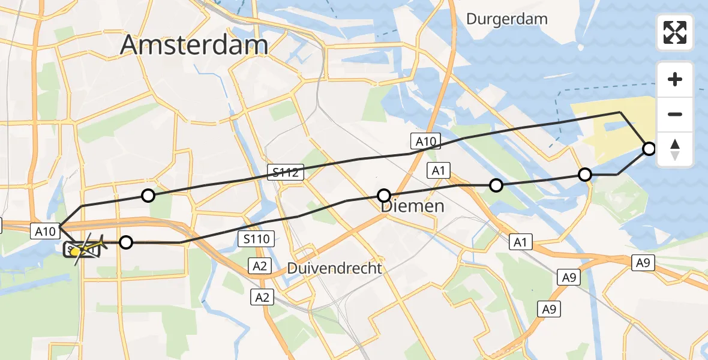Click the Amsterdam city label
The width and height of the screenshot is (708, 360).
point(194,45)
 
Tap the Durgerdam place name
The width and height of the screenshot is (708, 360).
point(507,19)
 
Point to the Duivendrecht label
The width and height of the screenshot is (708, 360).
point(334,268)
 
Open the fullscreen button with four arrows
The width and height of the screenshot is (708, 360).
point(675,32)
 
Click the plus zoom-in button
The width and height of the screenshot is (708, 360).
point(675,79)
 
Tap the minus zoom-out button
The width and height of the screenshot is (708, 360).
point(675,114)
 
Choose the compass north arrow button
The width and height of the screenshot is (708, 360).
point(675,149)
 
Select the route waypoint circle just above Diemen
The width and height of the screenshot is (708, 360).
point(384,195)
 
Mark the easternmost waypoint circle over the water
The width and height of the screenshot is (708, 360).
point(649,148)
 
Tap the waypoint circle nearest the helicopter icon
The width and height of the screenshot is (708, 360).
point(126,242)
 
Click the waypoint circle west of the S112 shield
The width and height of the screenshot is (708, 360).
point(148,195)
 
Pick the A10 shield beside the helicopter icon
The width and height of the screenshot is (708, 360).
point(46,230)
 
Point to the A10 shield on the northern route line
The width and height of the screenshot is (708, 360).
point(425,142)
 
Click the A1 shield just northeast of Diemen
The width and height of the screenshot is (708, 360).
point(438,171)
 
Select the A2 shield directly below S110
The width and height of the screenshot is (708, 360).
point(259,265)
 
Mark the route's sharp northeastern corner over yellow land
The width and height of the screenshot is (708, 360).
point(620,112)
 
